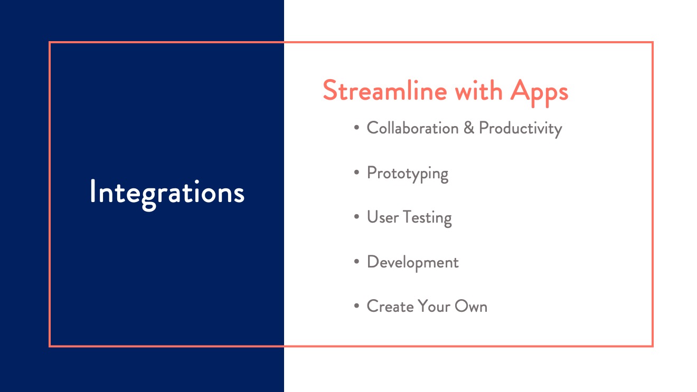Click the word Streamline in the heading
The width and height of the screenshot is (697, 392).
385,90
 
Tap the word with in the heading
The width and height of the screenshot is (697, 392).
479,90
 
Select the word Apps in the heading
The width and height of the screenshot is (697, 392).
539,92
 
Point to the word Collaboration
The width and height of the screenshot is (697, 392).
412,128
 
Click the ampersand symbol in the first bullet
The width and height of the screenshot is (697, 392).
469,128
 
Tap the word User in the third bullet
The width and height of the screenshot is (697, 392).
383,217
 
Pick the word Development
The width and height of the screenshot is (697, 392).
412,263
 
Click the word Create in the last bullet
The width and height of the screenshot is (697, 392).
390,306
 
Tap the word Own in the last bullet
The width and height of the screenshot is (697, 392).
471,306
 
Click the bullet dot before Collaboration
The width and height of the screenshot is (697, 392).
356,128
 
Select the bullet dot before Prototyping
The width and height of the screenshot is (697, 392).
356,172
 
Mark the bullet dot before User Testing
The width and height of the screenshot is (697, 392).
356,217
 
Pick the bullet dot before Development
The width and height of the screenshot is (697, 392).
356,262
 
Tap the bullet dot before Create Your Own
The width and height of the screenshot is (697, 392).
356,306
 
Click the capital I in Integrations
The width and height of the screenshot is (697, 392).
92,191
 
